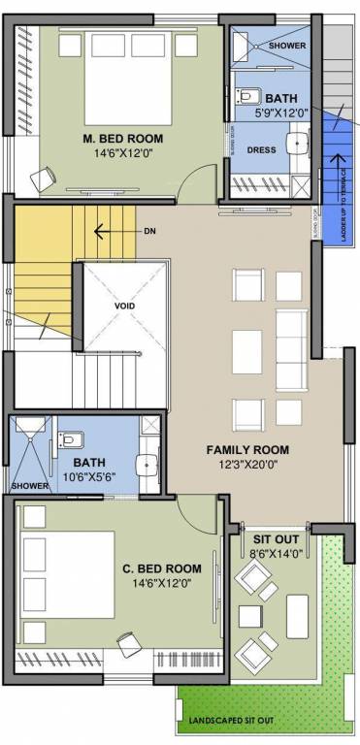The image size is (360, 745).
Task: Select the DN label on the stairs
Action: coord(149,231)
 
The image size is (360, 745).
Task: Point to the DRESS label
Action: coord(262,150)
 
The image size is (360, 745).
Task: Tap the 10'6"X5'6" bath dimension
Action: coord(89,477)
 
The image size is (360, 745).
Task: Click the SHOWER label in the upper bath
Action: coord(287,45)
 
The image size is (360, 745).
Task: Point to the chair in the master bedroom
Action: coord(42,178)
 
